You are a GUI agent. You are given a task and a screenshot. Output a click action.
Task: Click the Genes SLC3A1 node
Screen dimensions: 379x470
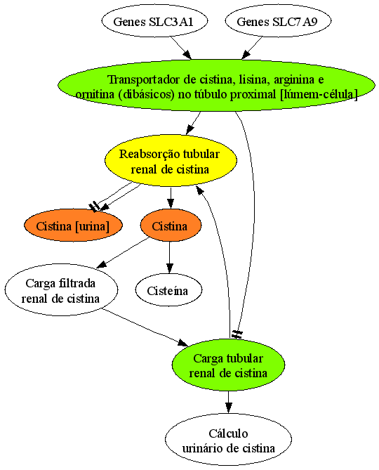click(154, 21)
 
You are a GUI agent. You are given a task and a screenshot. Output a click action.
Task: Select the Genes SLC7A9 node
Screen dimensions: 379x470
click(278, 21)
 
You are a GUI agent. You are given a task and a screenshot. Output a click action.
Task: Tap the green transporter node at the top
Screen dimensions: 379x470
click(216, 86)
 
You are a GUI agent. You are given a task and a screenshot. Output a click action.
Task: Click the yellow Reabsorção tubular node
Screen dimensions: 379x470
click(171, 161)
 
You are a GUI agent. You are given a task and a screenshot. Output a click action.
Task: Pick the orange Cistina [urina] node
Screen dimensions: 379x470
click(73, 226)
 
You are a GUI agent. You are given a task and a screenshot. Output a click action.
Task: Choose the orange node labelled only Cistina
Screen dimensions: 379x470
click(171, 226)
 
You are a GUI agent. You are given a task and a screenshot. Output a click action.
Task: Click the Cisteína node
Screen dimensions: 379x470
click(168, 290)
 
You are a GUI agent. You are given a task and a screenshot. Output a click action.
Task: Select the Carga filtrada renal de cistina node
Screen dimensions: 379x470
click(61, 290)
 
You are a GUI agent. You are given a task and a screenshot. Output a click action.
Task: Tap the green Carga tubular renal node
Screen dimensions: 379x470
click(228, 365)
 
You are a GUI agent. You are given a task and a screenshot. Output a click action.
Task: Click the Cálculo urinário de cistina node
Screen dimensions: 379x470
click(228, 440)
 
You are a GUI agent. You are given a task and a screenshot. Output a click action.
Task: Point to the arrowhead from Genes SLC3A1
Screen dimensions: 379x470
click(187, 55)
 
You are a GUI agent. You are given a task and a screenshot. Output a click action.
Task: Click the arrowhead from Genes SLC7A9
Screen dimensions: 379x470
click(246, 55)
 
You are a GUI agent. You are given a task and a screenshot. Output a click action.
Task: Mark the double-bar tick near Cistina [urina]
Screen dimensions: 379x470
click(94, 207)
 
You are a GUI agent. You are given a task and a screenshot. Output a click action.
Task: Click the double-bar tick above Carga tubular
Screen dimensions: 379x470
click(237, 334)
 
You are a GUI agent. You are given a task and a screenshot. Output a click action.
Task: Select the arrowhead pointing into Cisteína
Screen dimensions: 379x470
click(170, 268)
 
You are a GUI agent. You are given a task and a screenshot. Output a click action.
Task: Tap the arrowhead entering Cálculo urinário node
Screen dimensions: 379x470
click(228, 408)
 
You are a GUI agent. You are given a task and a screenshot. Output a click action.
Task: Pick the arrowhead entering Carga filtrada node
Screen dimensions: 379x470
click(101, 264)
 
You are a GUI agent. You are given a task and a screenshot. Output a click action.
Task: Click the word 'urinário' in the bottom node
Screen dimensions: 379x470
click(201, 448)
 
